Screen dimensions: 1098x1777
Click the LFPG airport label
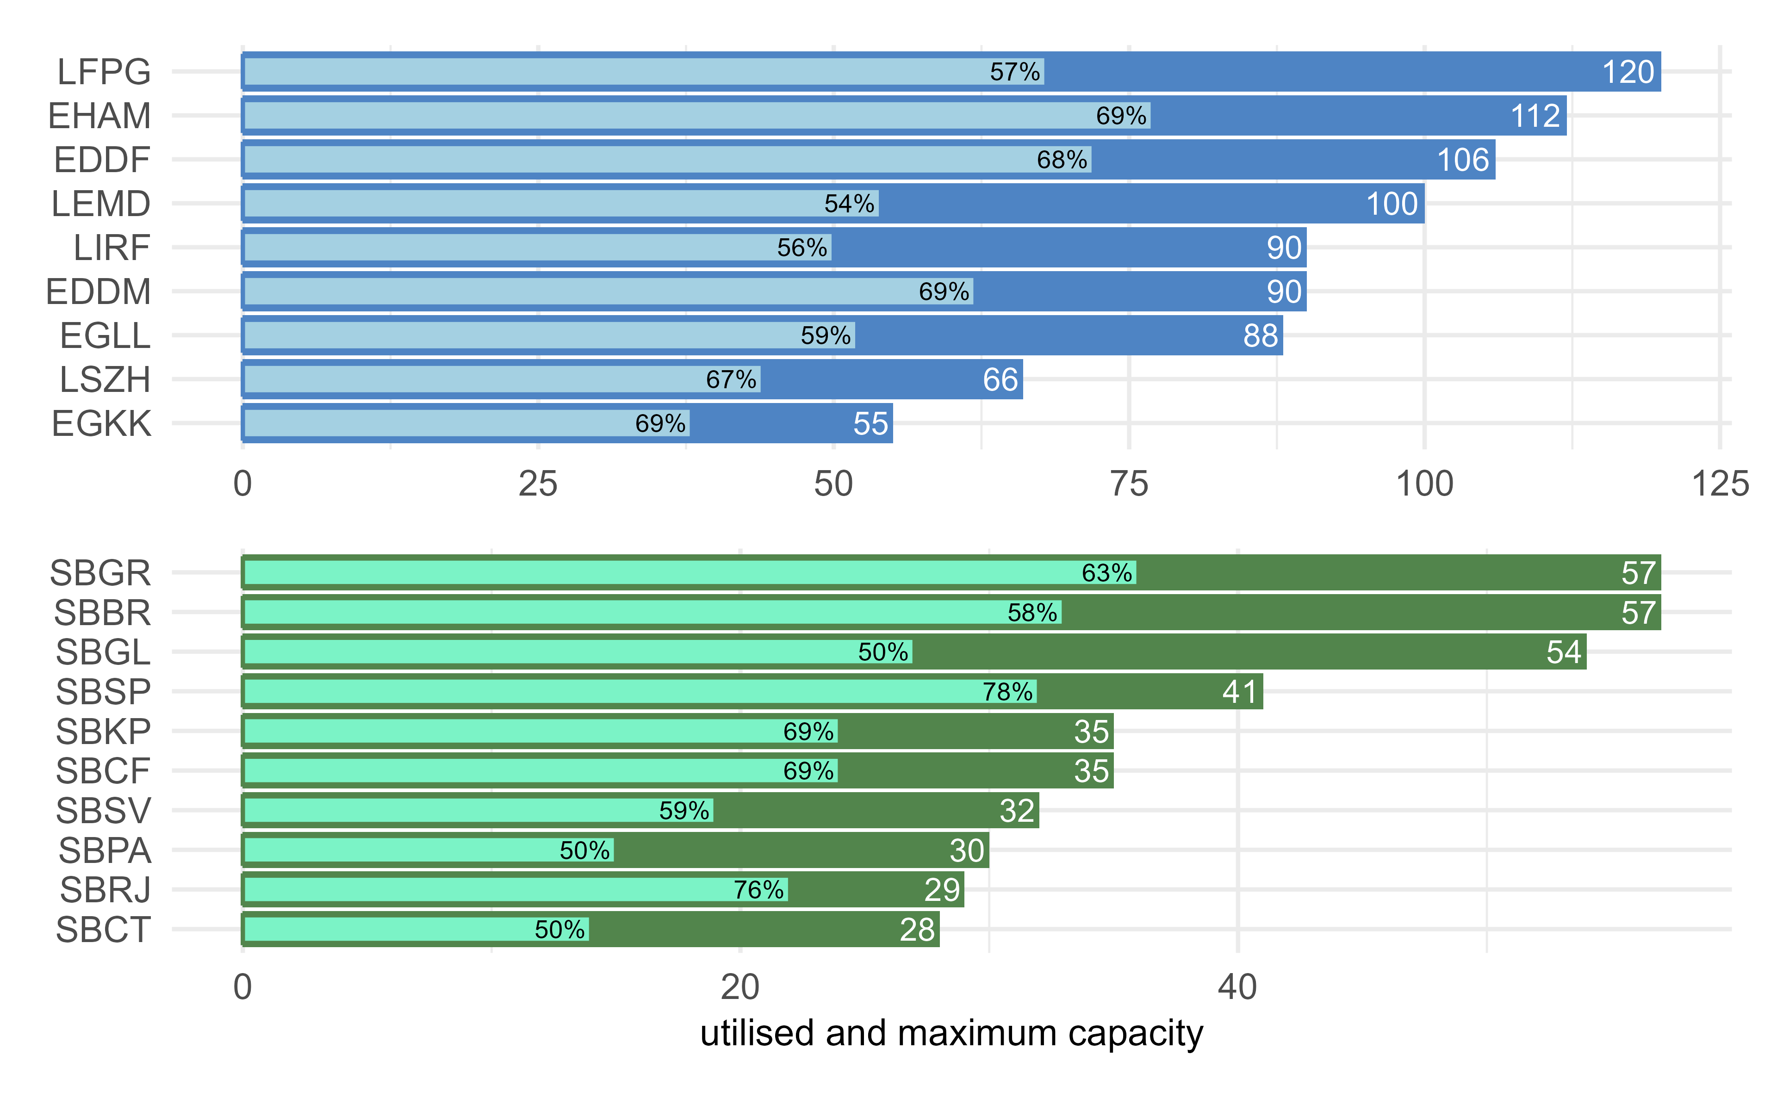coord(104,72)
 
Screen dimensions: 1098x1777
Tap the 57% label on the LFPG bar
coord(1014,72)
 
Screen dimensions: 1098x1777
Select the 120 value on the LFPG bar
coord(1628,72)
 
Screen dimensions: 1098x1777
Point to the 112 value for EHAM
coord(1535,116)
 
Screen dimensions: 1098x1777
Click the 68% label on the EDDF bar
coord(1061,160)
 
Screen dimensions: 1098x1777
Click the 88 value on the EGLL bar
coord(1260,335)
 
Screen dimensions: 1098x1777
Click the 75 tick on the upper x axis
coord(1129,484)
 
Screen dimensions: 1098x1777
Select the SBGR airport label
coord(100,573)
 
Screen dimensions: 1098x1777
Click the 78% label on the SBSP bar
coord(1007,691)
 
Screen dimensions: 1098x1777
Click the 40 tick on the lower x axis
coord(1236,987)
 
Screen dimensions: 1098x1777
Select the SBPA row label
coord(105,850)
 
